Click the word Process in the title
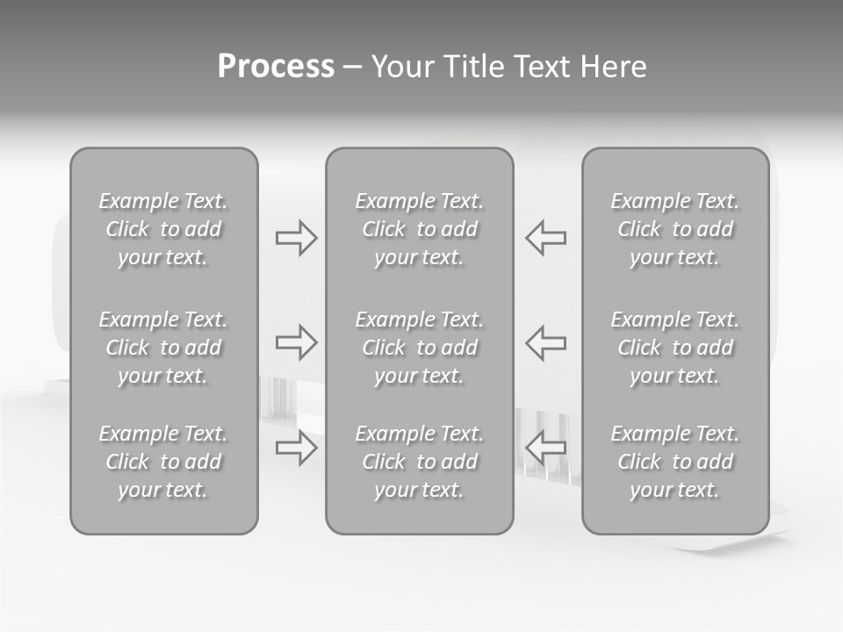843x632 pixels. click(276, 67)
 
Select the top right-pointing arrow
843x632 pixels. click(296, 238)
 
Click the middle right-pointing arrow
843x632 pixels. click(296, 342)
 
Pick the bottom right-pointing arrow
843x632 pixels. click(296, 448)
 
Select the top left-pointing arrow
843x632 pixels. click(546, 238)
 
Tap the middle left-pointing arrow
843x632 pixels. click(546, 342)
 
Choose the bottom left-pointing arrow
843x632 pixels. click(546, 448)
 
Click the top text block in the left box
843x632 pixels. click(163, 229)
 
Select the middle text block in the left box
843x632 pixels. click(163, 348)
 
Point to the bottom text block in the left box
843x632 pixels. click(163, 462)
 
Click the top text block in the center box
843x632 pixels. click(419, 229)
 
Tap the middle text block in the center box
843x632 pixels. click(419, 348)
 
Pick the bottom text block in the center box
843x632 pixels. click(419, 462)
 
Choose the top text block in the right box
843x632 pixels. click(674, 229)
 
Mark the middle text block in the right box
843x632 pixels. click(674, 348)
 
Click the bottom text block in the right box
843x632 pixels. click(674, 462)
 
